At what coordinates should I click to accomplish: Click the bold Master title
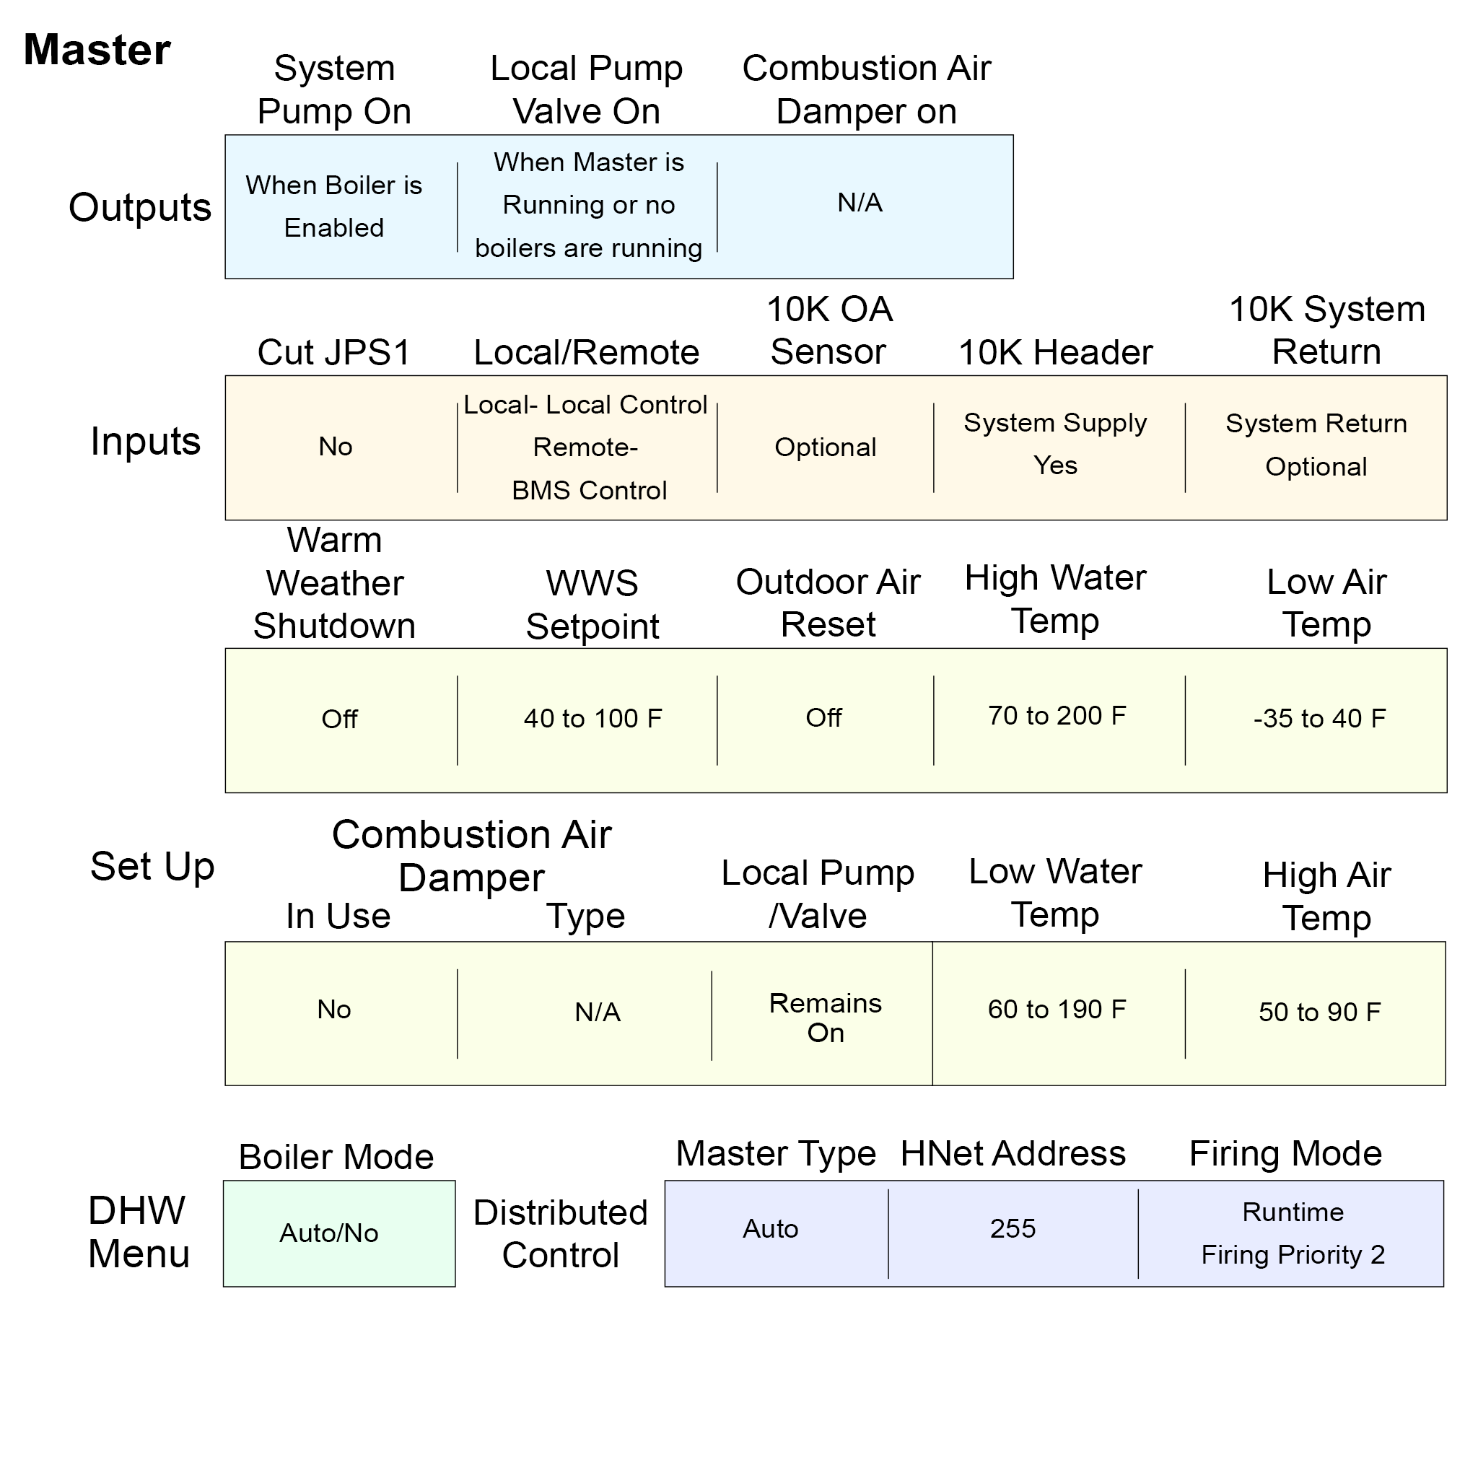(x=97, y=51)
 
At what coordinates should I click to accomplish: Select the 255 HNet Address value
(x=1012, y=1228)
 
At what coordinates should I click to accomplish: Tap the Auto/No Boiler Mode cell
(x=329, y=1233)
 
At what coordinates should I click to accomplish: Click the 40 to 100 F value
(x=593, y=718)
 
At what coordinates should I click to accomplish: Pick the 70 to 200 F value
(x=1057, y=715)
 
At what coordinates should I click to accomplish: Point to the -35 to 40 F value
(x=1319, y=718)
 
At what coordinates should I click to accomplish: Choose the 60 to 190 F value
(x=1057, y=1009)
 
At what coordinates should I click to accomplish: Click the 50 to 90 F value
(x=1319, y=1011)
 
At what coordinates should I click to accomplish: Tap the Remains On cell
(x=825, y=1018)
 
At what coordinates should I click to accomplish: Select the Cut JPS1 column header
(x=333, y=353)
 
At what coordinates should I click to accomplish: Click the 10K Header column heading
(x=1055, y=353)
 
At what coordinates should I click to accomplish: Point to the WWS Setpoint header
(x=592, y=604)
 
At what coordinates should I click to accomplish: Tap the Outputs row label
(x=140, y=207)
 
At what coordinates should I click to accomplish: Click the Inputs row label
(x=145, y=442)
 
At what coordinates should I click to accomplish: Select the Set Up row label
(x=152, y=866)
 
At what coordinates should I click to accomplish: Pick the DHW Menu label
(x=139, y=1232)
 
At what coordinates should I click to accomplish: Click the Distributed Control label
(x=560, y=1233)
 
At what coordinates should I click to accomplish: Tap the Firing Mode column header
(x=1285, y=1153)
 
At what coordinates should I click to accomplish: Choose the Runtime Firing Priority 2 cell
(x=1292, y=1233)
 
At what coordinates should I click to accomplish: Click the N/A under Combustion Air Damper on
(x=860, y=203)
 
